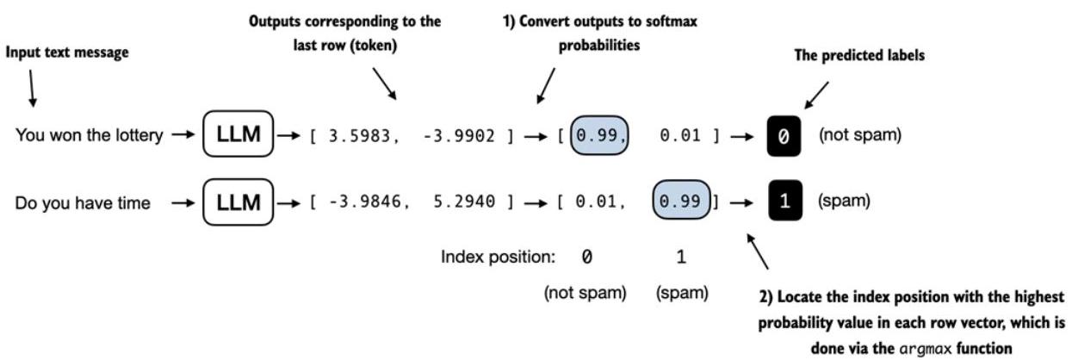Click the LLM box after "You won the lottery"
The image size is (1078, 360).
[239, 133]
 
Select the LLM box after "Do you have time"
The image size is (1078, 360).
[239, 202]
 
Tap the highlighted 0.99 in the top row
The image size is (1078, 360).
[599, 135]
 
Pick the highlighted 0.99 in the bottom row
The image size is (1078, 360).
[681, 200]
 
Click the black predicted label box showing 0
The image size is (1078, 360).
[784, 136]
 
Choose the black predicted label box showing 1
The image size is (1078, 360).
[785, 200]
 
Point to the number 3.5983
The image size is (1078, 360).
[359, 136]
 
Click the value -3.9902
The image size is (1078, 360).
[459, 136]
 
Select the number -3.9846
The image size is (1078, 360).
[365, 202]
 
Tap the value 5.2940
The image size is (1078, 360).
[464, 202]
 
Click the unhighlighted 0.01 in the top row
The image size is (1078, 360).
[680, 136]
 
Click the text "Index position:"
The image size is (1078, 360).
[498, 257]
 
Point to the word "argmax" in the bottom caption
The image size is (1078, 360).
[925, 349]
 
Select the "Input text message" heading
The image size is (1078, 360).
[67, 52]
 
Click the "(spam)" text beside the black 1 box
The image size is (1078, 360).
[844, 200]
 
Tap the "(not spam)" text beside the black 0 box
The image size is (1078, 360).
[860, 134]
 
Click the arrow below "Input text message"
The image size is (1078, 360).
[32, 89]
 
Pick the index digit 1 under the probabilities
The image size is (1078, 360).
[681, 257]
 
